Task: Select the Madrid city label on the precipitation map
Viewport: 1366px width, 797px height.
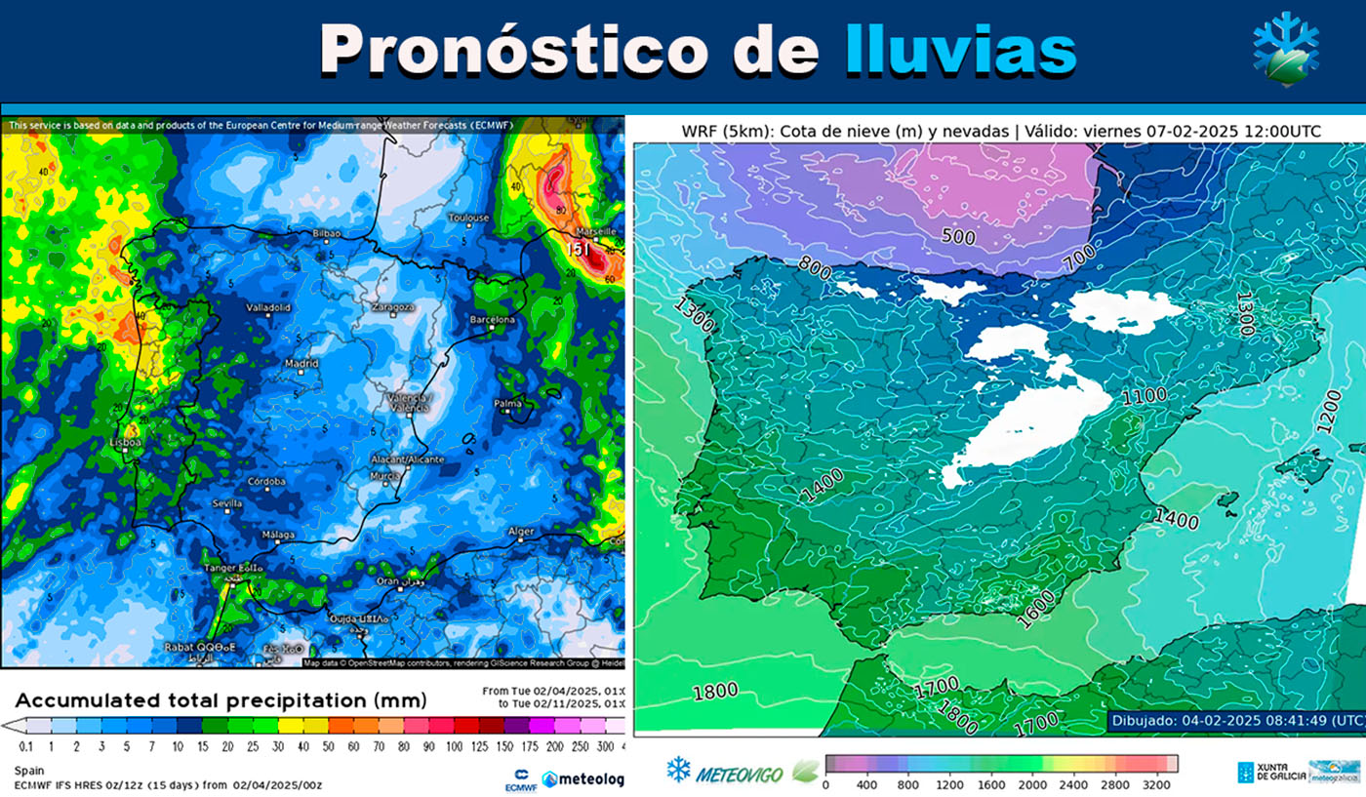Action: (x=301, y=364)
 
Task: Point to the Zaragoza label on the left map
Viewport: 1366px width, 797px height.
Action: (x=393, y=307)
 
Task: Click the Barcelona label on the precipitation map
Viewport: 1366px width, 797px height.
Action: (x=493, y=320)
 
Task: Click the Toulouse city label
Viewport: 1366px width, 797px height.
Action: (x=468, y=218)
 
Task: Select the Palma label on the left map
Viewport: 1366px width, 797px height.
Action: (x=507, y=403)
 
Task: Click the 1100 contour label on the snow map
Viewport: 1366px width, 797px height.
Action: (x=1144, y=397)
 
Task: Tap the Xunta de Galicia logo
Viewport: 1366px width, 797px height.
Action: (x=1268, y=772)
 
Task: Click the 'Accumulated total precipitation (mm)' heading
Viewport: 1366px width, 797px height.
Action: (x=221, y=700)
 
